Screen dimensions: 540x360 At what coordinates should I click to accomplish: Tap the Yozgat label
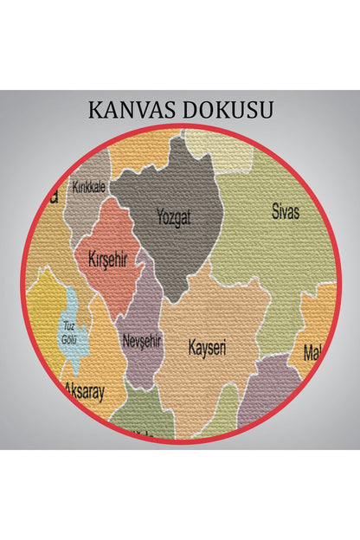click(x=174, y=217)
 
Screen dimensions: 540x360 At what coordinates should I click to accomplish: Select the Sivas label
click(x=288, y=209)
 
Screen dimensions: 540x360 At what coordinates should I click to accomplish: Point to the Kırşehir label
click(x=107, y=257)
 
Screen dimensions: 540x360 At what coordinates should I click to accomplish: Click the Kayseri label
click(x=208, y=348)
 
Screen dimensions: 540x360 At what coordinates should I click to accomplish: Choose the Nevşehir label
click(x=142, y=341)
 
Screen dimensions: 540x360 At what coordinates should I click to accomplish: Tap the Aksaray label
click(x=85, y=391)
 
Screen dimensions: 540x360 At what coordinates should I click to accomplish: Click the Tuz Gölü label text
click(x=69, y=331)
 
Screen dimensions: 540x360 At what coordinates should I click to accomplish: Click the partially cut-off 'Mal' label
click(x=313, y=352)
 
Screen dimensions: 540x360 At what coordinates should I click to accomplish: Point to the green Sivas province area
click(x=277, y=251)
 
